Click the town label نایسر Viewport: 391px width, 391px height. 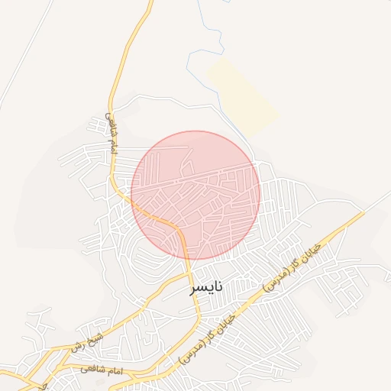coord(208,287)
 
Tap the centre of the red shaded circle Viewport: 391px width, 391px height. coord(195,195)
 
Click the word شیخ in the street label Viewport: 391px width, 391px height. coord(95,335)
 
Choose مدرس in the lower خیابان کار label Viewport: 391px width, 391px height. coord(189,352)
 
